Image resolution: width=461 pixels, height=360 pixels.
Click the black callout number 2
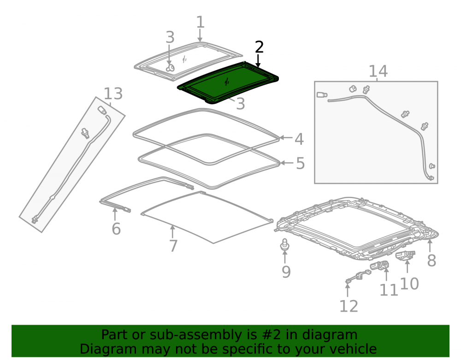tap(259, 47)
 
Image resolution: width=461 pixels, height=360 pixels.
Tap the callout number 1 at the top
tap(200, 22)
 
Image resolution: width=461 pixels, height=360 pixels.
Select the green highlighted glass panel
tap(228, 83)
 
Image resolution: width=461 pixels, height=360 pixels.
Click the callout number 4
tap(299, 139)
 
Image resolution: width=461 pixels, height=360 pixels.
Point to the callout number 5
tap(300, 163)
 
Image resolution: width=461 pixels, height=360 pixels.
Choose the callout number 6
tap(116, 229)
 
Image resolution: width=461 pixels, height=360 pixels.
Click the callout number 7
tap(173, 246)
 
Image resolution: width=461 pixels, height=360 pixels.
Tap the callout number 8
tap(431, 260)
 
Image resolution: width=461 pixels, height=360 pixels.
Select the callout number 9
tap(286, 272)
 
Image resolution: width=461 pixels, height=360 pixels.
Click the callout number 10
tap(409, 284)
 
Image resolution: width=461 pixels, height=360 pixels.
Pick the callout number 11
tap(389, 290)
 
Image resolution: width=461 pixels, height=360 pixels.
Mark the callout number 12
tap(349, 307)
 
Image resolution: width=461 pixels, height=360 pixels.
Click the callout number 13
tap(113, 94)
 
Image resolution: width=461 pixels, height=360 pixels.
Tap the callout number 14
tap(378, 71)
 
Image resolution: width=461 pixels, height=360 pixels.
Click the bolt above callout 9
tap(284, 244)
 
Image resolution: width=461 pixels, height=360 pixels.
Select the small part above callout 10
tap(405, 255)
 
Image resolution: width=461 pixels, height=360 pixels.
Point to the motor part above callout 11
tap(380, 266)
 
